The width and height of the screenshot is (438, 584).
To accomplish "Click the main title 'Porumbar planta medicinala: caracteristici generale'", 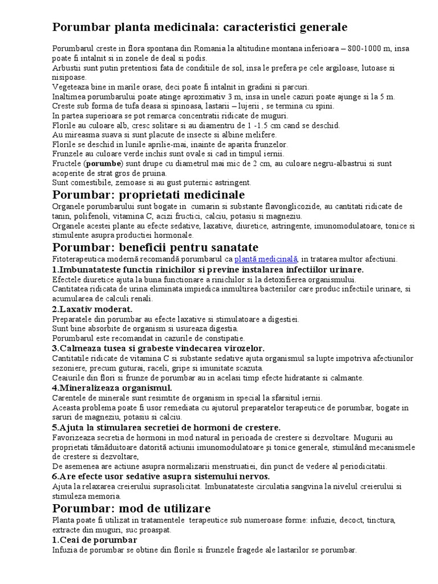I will point(200,27).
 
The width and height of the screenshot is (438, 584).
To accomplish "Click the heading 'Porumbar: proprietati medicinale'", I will point(157,196).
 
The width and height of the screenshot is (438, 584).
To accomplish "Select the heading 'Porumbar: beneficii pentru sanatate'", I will point(155,247).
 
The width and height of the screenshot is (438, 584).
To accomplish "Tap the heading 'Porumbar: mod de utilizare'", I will point(131,508).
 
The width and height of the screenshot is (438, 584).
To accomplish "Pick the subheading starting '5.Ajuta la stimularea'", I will point(166,427).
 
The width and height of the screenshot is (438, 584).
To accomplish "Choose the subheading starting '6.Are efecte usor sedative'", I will point(161,476).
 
